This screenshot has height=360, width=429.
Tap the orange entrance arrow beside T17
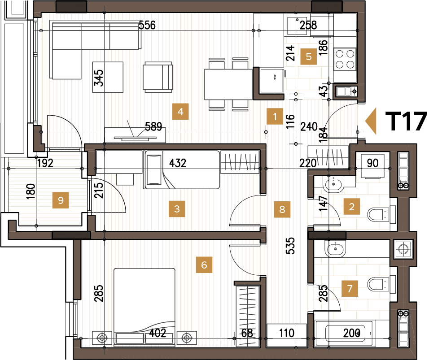pos(371,121)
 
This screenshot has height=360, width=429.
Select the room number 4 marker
pos(180,112)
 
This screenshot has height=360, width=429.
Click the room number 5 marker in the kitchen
pos(308,56)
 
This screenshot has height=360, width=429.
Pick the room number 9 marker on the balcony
pos(61,200)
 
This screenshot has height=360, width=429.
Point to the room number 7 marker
pos(350,288)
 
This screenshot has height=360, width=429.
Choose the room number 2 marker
pos(352,207)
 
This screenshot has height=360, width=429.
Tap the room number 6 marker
pos(204,265)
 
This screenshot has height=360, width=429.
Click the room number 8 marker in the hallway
pos(282,209)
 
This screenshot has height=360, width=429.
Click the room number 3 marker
pos(177,208)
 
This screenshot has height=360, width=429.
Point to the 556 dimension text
pos(147,25)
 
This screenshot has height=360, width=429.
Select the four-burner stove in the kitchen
pos(345,59)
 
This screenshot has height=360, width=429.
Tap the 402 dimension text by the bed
pos(158,333)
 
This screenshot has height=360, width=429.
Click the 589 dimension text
pos(153,127)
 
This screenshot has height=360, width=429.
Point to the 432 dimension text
pos(178,163)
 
